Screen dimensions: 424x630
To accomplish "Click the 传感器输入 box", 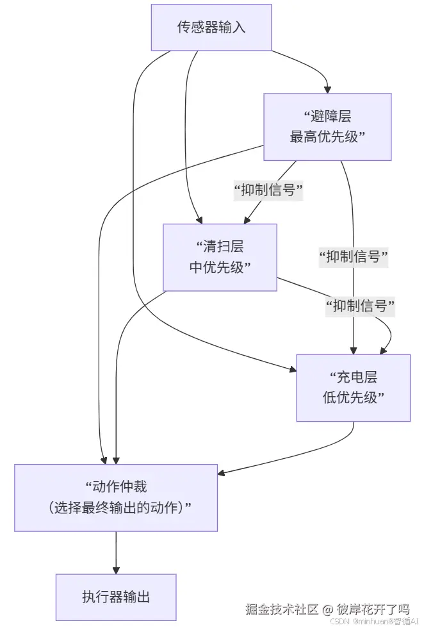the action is (x=211, y=28).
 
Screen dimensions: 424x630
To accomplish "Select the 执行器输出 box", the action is (x=116, y=597).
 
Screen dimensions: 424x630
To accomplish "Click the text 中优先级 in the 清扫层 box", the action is (x=216, y=267).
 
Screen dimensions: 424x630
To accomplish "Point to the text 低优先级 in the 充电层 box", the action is (x=350, y=398).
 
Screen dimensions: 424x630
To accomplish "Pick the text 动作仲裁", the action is (x=120, y=486).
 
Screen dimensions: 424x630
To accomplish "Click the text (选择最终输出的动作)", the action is (x=116, y=508).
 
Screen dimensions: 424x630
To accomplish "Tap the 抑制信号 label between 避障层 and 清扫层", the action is (x=268, y=190).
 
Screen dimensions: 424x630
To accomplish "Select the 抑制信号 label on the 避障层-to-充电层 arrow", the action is (x=354, y=256).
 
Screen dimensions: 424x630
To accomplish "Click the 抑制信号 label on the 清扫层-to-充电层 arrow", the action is (x=360, y=306).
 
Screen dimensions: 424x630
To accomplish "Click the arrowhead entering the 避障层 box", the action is (x=328, y=90).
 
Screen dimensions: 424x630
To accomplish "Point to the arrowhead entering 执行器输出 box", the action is (x=116, y=570).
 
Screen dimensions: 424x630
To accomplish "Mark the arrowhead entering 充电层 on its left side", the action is (x=293, y=369).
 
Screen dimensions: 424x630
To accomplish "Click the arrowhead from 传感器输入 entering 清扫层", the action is (x=199, y=220).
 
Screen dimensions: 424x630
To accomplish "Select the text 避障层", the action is (x=331, y=117).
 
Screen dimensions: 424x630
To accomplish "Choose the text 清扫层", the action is (x=224, y=247).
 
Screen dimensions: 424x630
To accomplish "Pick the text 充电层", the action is (x=357, y=377).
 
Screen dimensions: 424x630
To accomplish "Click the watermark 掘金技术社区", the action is (x=282, y=609).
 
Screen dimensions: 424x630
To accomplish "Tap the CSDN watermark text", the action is (x=339, y=621).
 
